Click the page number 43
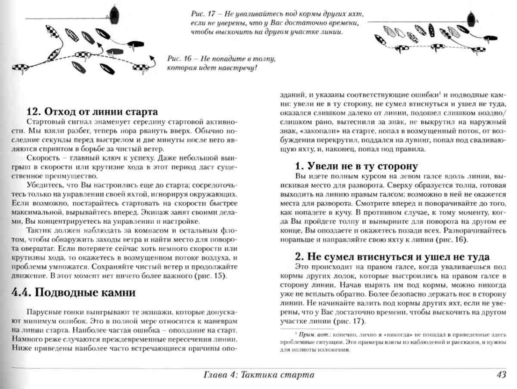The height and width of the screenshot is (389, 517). (501, 375)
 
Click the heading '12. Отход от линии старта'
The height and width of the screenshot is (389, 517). (92, 112)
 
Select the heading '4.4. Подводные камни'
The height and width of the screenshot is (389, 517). (73, 292)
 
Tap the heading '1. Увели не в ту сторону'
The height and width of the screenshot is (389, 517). (356, 166)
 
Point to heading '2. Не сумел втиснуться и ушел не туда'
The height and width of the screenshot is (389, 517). (392, 257)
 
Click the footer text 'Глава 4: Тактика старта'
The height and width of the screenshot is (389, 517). (259, 375)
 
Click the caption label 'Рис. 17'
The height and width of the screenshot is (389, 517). (203, 14)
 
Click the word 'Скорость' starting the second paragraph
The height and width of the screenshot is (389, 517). (39, 158)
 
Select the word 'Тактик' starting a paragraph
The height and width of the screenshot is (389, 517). (37, 231)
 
